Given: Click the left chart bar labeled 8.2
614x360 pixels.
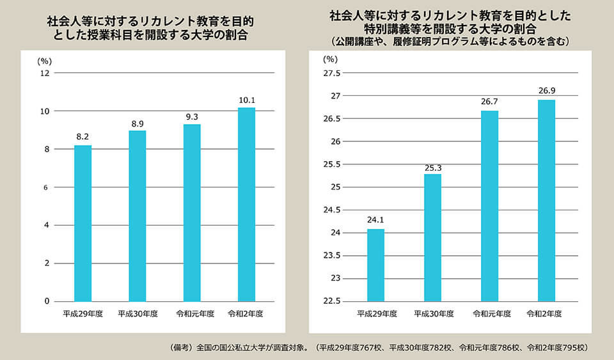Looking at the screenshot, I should (83, 223).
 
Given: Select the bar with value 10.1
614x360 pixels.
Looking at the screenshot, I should (246, 204).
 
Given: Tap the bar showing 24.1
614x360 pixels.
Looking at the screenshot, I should (375, 265).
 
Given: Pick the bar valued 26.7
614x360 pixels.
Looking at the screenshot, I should (489, 205).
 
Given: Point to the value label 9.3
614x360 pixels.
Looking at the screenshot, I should (192, 117).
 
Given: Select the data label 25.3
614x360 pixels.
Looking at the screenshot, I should (432, 167).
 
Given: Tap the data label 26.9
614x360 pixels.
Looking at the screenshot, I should (546, 91).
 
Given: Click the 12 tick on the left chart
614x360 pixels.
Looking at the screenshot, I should (44, 73).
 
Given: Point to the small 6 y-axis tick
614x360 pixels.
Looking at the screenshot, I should (45, 187).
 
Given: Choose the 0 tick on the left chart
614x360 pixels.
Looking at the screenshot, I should (46, 301).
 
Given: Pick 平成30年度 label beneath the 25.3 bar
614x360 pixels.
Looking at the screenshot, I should (434, 314).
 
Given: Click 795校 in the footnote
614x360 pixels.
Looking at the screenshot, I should (572, 348).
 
